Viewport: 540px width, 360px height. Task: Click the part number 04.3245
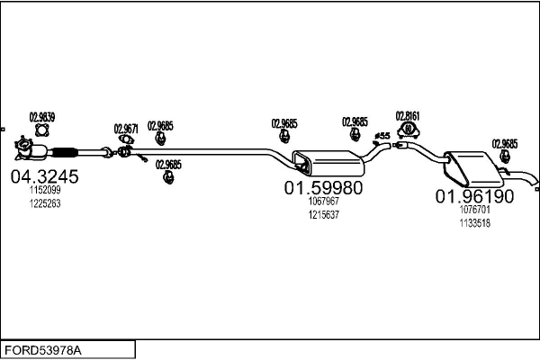(44, 176)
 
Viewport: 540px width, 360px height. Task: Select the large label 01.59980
(323, 188)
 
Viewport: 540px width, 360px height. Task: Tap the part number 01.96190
(474, 196)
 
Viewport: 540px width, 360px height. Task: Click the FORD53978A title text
(43, 351)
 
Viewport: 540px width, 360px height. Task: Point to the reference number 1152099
(45, 190)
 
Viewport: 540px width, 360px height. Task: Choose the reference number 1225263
(45, 203)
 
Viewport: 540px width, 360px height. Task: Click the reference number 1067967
(324, 201)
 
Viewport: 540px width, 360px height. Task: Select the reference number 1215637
(324, 214)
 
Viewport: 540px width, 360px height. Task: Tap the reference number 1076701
(475, 210)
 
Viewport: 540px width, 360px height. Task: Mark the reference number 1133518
(475, 223)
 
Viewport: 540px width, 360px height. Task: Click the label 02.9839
(42, 117)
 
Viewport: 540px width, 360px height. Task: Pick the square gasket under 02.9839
(42, 130)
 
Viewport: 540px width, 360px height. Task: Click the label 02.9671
(126, 129)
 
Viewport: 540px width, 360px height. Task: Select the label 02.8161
(408, 116)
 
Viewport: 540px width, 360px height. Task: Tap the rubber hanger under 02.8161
(408, 130)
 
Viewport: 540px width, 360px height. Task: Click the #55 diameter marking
(382, 136)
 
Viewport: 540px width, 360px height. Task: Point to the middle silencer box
(328, 163)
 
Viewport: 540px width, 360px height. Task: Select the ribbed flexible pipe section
(65, 152)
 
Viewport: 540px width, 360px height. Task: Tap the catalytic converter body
(39, 152)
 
